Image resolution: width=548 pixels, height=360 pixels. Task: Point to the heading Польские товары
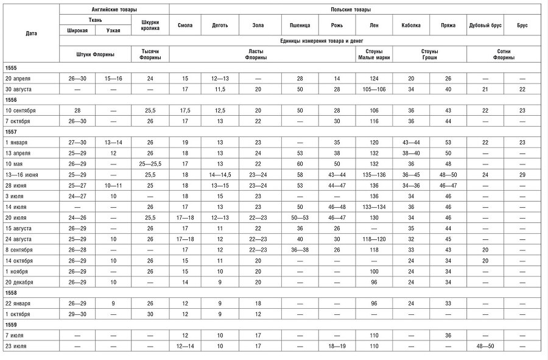(x=359, y=10)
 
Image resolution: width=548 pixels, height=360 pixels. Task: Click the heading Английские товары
(x=114, y=10)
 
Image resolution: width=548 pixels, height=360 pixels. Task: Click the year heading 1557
(x=11, y=131)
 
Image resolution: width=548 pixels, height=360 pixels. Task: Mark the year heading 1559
(x=11, y=325)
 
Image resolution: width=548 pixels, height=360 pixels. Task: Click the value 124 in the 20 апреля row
(x=374, y=79)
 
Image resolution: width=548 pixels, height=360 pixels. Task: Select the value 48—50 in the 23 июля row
(x=485, y=346)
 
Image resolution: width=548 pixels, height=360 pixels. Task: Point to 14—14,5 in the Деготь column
(x=220, y=174)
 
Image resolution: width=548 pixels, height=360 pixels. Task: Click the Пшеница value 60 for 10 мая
(x=299, y=163)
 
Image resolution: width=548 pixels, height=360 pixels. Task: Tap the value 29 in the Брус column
(x=522, y=174)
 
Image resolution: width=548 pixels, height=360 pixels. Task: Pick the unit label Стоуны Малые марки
(x=374, y=54)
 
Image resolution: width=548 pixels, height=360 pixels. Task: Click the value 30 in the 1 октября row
(x=150, y=314)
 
